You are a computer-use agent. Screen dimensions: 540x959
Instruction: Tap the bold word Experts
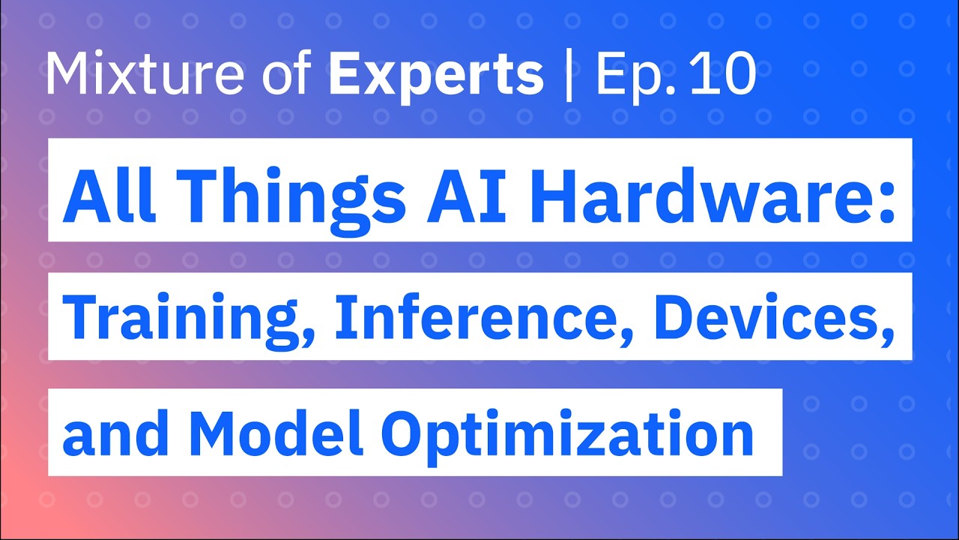[436, 76]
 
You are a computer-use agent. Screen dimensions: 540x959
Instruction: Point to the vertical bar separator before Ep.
[569, 75]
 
